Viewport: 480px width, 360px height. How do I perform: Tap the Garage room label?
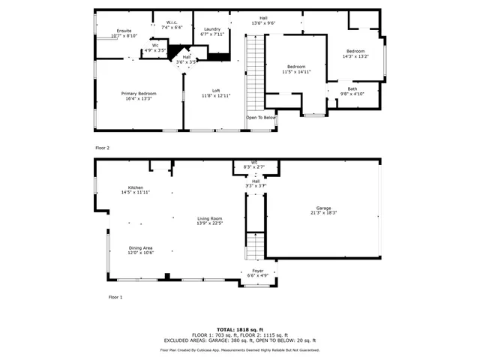(x=323, y=208)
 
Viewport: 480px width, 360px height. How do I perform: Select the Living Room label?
(x=210, y=218)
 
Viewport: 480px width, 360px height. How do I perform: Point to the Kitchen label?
(x=135, y=187)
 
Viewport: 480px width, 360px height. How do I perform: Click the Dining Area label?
(x=140, y=247)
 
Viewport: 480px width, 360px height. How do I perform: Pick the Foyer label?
(x=257, y=270)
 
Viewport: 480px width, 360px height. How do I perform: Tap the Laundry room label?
(x=212, y=29)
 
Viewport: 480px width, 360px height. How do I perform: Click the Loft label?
(x=215, y=91)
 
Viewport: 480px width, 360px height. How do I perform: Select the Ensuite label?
(x=113, y=31)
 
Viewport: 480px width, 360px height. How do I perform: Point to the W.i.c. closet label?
(x=172, y=22)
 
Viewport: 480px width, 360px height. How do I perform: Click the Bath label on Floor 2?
(x=352, y=88)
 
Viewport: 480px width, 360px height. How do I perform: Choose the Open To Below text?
(x=261, y=118)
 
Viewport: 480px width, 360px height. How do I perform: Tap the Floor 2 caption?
(x=103, y=148)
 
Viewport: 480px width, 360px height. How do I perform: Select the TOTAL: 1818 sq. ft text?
(x=239, y=329)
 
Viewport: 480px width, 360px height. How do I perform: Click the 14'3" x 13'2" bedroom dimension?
(x=355, y=55)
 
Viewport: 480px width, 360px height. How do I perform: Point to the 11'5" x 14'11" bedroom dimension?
(x=295, y=72)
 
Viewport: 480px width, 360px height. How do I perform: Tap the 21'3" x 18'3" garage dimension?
(x=323, y=213)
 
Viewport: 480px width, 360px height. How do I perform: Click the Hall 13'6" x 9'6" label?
(x=263, y=20)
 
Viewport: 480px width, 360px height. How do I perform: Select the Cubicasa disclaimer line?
(x=239, y=349)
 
